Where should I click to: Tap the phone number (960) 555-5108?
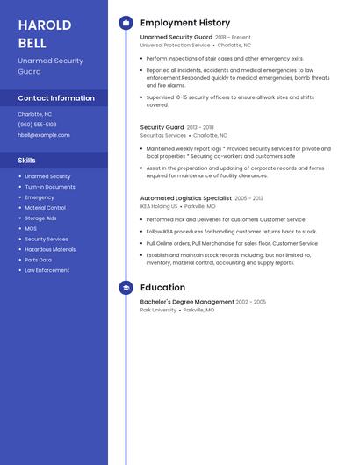coord(37,125)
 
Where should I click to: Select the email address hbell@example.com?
coord(44,135)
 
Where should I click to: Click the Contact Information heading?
coord(56,98)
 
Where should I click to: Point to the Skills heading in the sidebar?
coord(27,161)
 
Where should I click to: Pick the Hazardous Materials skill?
coord(50,249)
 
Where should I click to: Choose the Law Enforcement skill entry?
coord(47,270)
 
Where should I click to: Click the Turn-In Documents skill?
coord(50,187)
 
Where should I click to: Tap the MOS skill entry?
coord(31,228)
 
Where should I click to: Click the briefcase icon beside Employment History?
coord(126,23)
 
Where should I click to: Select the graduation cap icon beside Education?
coord(126,288)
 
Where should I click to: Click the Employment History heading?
coord(185,23)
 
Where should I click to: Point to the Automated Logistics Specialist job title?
coord(186,198)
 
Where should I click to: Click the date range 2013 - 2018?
coord(200,127)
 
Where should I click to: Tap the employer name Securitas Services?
coord(163,136)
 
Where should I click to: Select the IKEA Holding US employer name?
coord(159,206)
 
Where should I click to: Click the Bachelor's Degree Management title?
coord(187,302)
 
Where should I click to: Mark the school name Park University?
coord(158,310)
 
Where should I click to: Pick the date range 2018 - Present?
coord(233,38)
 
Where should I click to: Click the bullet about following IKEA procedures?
coord(232,232)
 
